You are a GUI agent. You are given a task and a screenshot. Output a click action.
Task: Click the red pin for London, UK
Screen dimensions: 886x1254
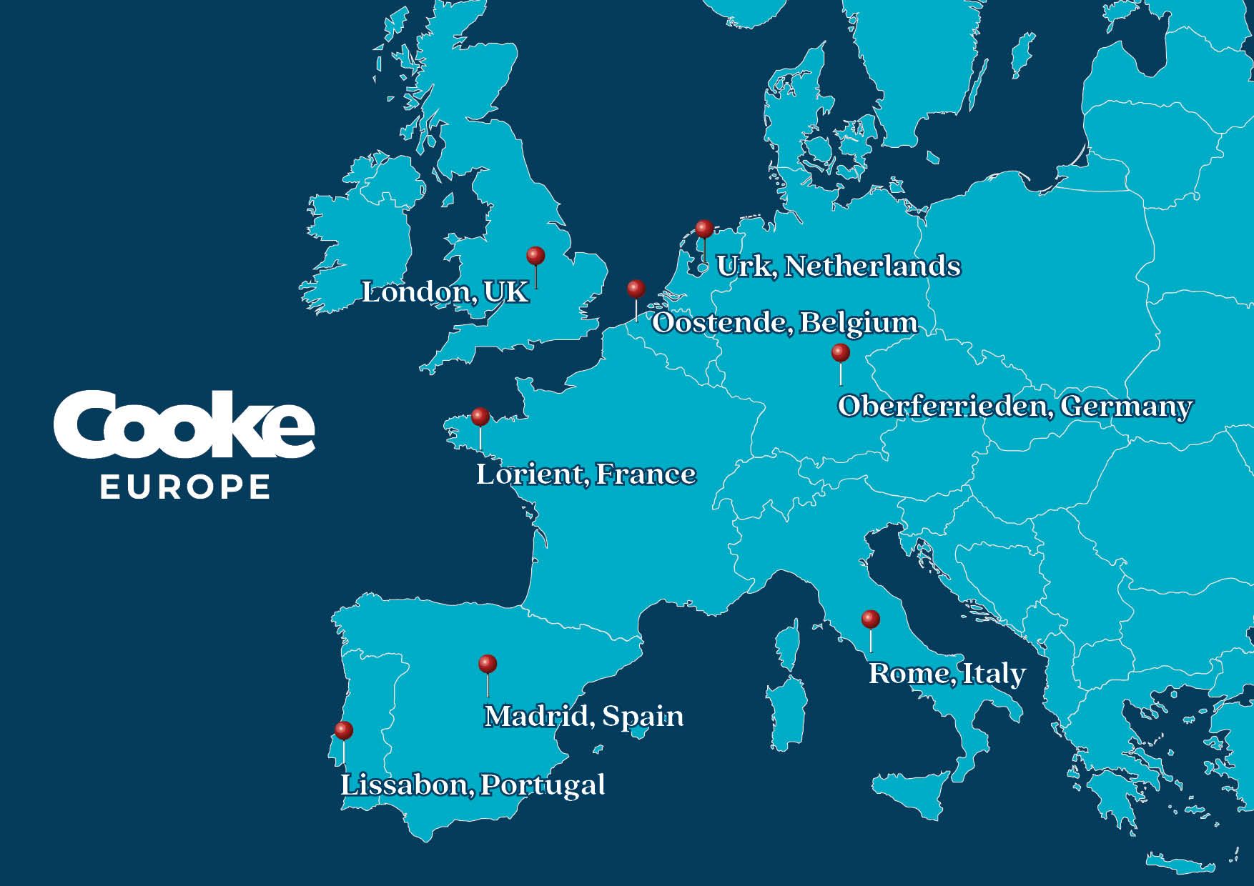click(535, 256)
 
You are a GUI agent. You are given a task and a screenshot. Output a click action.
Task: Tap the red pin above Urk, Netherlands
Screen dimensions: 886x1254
click(704, 229)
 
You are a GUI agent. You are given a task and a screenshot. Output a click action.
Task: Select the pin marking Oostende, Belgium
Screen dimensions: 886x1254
click(636, 289)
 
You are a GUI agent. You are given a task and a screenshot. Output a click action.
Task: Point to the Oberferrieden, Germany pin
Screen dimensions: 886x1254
click(840, 353)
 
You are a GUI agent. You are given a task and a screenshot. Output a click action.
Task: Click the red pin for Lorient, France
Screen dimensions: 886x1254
click(480, 417)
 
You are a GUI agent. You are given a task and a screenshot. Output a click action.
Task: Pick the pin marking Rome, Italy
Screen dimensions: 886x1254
click(870, 619)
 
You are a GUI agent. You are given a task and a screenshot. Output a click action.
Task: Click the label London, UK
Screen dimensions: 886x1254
click(445, 292)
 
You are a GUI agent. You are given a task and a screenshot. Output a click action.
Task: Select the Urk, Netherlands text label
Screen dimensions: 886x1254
click(838, 267)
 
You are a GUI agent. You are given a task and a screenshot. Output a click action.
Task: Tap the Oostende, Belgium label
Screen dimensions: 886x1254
click(784, 323)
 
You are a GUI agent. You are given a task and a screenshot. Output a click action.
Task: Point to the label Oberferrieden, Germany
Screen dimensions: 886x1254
click(1014, 407)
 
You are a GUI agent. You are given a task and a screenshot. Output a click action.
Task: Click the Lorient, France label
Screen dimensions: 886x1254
click(586, 474)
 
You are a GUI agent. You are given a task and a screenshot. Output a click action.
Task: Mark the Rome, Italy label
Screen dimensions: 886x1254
click(947, 674)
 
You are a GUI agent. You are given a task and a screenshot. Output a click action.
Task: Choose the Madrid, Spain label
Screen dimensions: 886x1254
click(583, 717)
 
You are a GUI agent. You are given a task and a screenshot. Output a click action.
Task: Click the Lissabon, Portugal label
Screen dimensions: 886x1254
click(472, 785)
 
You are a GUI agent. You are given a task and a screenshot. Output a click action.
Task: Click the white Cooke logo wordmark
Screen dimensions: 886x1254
click(184, 426)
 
